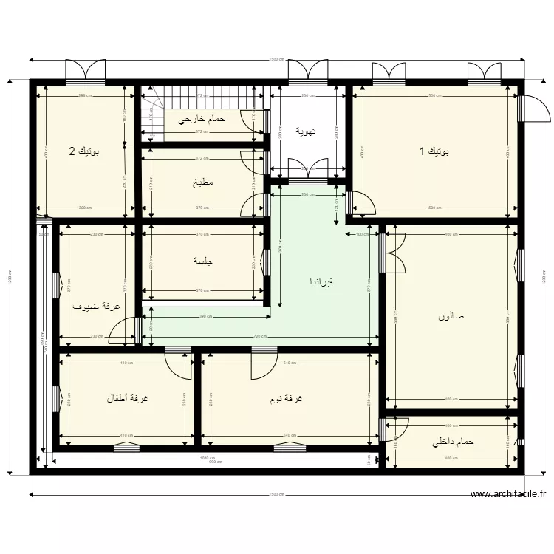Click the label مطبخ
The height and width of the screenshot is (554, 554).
[203, 182]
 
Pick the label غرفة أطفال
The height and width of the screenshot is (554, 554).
[127, 399]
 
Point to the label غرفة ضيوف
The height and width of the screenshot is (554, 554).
[96, 306]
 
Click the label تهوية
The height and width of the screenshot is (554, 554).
[306, 131]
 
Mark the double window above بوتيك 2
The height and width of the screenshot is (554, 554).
[86, 71]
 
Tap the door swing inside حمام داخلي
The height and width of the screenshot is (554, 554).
[397, 429]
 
